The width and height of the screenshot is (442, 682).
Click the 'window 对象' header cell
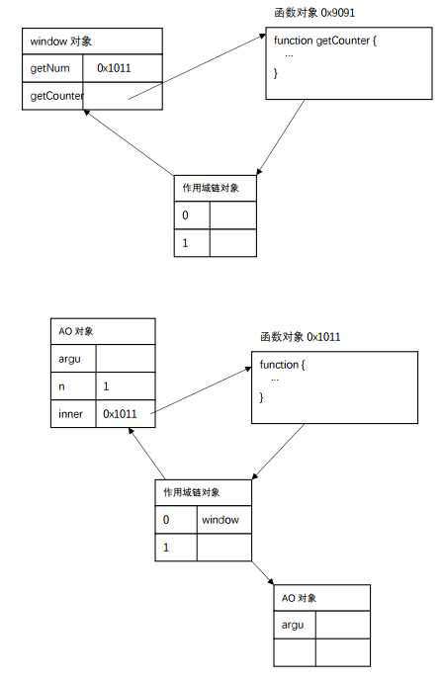(92, 42)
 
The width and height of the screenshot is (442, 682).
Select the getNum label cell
(52, 68)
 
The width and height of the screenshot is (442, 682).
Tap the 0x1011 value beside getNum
(114, 68)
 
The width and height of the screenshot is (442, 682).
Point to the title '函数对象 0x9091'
(314, 13)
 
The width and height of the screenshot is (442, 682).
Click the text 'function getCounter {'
(325, 41)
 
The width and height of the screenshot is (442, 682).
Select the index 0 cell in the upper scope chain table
(192, 214)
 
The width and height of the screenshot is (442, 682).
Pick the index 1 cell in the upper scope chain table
(192, 243)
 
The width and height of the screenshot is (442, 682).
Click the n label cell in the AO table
(73, 386)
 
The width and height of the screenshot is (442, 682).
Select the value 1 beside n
(106, 386)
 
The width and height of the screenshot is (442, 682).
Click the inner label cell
(73, 413)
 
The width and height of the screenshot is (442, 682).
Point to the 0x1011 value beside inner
(120, 413)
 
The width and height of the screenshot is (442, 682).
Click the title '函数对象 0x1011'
(301, 337)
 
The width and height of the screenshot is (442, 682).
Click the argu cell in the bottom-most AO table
(295, 625)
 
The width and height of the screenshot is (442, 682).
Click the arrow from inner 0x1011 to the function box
(202, 389)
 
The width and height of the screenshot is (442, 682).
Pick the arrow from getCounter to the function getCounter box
(197, 66)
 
